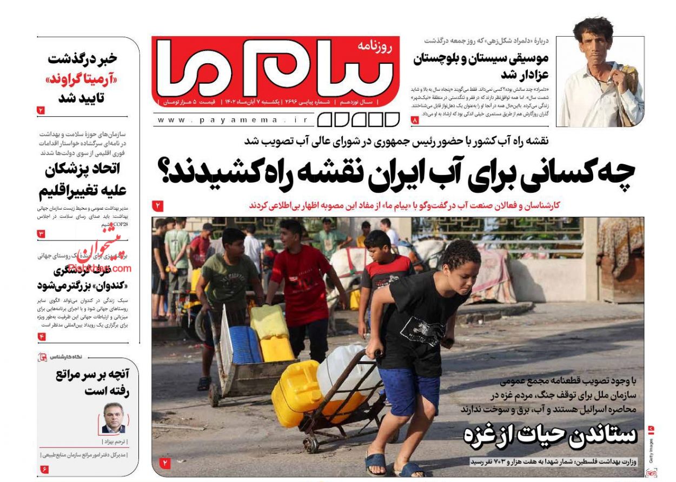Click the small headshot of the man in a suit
click(x=114, y=418)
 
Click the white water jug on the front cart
click(x=348, y=373)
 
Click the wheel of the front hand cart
click(x=311, y=445)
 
